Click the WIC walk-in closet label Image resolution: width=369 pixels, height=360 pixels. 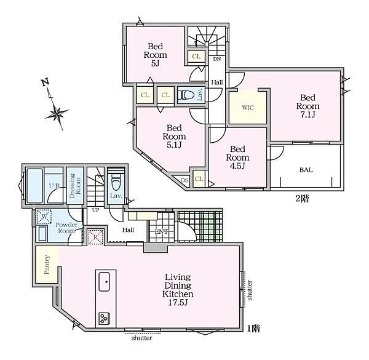(248, 108)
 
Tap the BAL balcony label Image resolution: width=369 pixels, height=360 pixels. (306, 170)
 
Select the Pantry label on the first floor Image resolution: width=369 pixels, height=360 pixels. (47, 265)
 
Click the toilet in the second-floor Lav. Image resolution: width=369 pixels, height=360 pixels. (186, 95)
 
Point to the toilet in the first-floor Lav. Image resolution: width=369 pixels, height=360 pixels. (116, 180)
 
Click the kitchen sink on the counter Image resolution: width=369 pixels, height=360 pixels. (105, 282)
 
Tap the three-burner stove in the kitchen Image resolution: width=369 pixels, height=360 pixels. (103, 318)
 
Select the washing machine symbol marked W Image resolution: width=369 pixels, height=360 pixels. (44, 217)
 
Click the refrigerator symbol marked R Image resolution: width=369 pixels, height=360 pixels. (95, 236)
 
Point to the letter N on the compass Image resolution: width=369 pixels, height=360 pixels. (46, 82)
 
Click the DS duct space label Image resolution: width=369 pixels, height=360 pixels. (184, 180)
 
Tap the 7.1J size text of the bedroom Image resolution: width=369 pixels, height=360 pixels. (307, 114)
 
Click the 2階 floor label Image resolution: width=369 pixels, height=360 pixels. (302, 199)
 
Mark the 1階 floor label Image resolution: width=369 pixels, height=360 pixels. (253, 328)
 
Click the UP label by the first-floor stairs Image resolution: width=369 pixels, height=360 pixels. (95, 210)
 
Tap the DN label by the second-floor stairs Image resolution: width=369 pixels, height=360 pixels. (217, 59)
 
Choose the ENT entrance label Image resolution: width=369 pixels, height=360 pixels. (161, 231)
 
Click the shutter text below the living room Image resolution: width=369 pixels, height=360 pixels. (141, 338)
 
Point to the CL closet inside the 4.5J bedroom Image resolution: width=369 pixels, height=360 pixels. (199, 179)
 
